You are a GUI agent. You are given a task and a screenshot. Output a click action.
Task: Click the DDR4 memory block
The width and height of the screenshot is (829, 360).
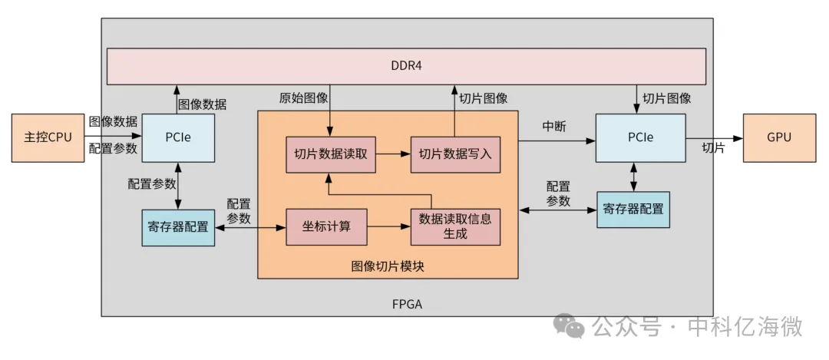(x=406, y=67)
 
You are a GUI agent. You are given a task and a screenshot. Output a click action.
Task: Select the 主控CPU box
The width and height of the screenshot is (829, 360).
(x=48, y=138)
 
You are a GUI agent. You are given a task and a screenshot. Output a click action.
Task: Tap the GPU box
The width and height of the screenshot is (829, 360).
(x=780, y=138)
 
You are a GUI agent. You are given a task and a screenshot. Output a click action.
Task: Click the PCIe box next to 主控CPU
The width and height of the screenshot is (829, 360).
(x=177, y=138)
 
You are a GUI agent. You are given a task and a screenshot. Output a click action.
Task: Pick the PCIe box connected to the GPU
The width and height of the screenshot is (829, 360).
(x=641, y=138)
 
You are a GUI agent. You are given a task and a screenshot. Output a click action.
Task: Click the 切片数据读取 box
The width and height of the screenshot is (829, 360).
(x=330, y=154)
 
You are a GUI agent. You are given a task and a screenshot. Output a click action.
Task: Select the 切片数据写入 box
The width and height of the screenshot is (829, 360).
(x=455, y=154)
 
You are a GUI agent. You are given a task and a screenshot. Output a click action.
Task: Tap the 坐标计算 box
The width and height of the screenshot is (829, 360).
(x=327, y=226)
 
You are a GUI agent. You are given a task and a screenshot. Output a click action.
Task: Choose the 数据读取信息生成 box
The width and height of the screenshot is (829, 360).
(x=455, y=226)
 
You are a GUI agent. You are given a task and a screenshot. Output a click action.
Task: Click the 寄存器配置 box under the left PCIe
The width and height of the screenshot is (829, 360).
(x=177, y=228)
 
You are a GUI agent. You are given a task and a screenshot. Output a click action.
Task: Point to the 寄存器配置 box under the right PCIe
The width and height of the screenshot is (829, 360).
(x=633, y=210)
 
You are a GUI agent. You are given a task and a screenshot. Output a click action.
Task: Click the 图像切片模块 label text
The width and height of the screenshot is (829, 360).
(x=388, y=266)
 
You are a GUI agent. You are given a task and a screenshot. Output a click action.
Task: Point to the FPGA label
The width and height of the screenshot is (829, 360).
(x=407, y=305)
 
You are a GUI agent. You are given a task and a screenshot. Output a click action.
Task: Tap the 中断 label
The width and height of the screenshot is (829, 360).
(x=555, y=127)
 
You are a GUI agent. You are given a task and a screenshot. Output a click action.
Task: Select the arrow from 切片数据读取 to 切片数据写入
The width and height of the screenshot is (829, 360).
(x=393, y=154)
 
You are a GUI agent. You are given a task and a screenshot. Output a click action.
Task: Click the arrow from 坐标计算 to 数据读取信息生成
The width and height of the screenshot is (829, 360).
(x=389, y=226)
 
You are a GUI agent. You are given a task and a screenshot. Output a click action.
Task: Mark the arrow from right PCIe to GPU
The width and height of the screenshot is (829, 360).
(x=715, y=138)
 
